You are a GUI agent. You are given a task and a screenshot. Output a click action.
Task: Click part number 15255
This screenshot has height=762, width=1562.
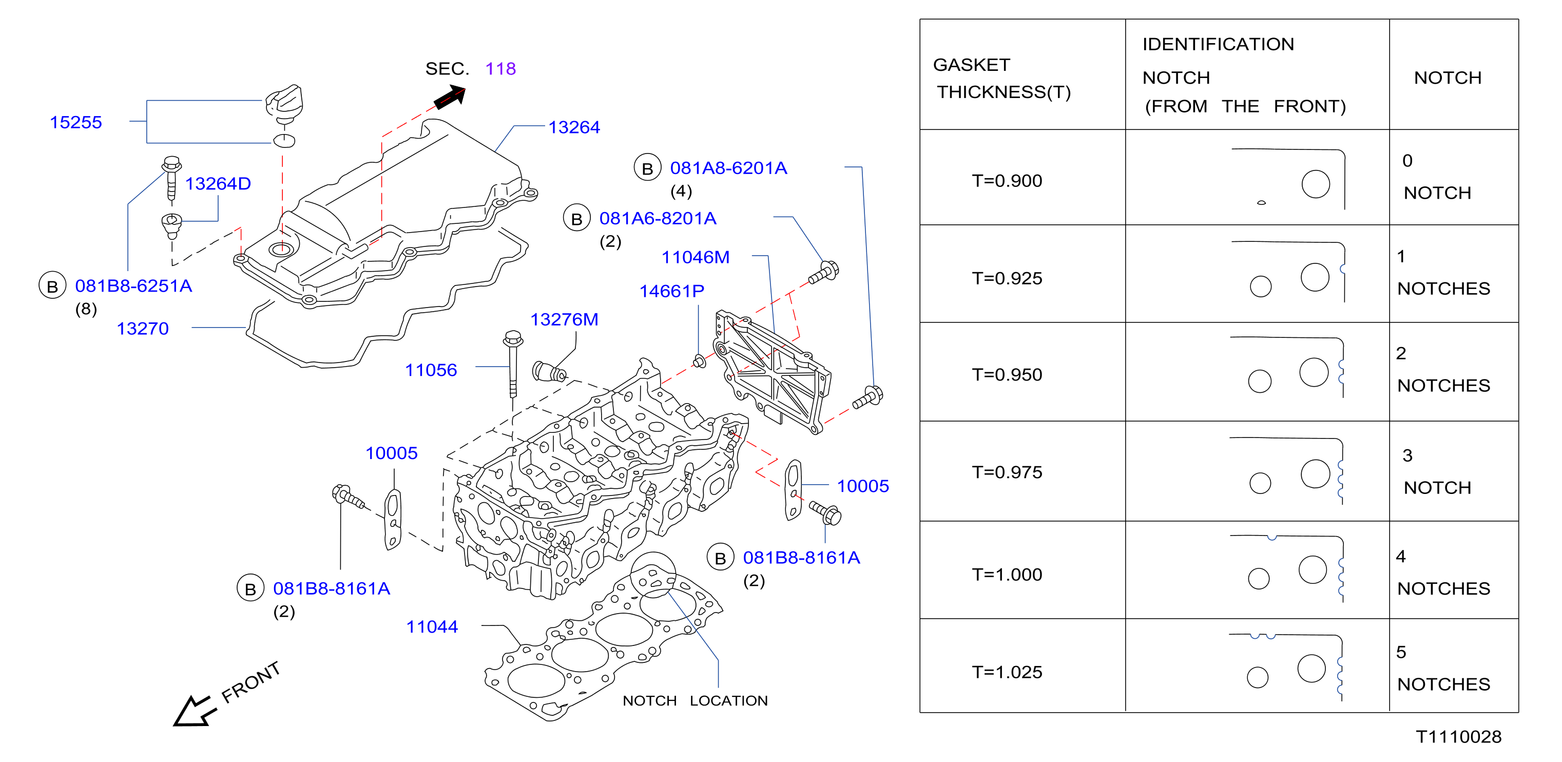pyautogui.click(x=76, y=123)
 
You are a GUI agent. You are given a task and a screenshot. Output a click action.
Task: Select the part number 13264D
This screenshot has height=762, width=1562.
pyautogui.click(x=218, y=184)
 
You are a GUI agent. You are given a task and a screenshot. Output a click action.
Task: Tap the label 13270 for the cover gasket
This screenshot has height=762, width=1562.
pyautogui.click(x=143, y=329)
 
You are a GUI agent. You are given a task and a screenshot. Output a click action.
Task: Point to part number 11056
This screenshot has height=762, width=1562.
pyautogui.click(x=431, y=370)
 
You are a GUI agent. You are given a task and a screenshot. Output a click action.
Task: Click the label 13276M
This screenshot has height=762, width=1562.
pyautogui.click(x=564, y=320)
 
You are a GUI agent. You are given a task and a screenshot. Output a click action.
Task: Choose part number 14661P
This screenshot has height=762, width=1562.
pyautogui.click(x=672, y=292)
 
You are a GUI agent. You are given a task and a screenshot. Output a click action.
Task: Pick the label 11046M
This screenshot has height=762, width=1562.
pyautogui.click(x=696, y=258)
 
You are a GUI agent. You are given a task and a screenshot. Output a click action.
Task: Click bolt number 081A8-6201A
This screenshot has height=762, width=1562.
pyautogui.click(x=728, y=168)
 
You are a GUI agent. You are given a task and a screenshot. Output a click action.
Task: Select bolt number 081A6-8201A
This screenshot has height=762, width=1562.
pyautogui.click(x=658, y=218)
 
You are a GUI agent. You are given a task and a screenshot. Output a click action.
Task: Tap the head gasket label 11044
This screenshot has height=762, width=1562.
pyautogui.click(x=432, y=627)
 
